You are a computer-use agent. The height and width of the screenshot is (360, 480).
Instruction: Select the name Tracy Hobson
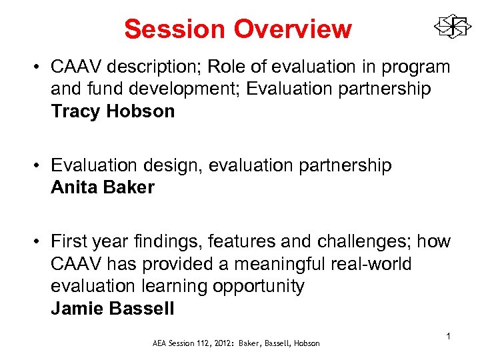pos(113,111)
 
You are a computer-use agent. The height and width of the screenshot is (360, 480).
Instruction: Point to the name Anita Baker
pos(103,187)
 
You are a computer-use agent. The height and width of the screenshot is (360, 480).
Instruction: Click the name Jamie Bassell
pos(113,309)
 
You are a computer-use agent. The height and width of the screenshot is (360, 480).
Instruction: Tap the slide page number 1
pos(449,337)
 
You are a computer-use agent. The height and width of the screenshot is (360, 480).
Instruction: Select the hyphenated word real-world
pos(370,264)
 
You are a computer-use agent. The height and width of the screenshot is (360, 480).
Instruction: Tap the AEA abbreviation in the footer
pos(161,343)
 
